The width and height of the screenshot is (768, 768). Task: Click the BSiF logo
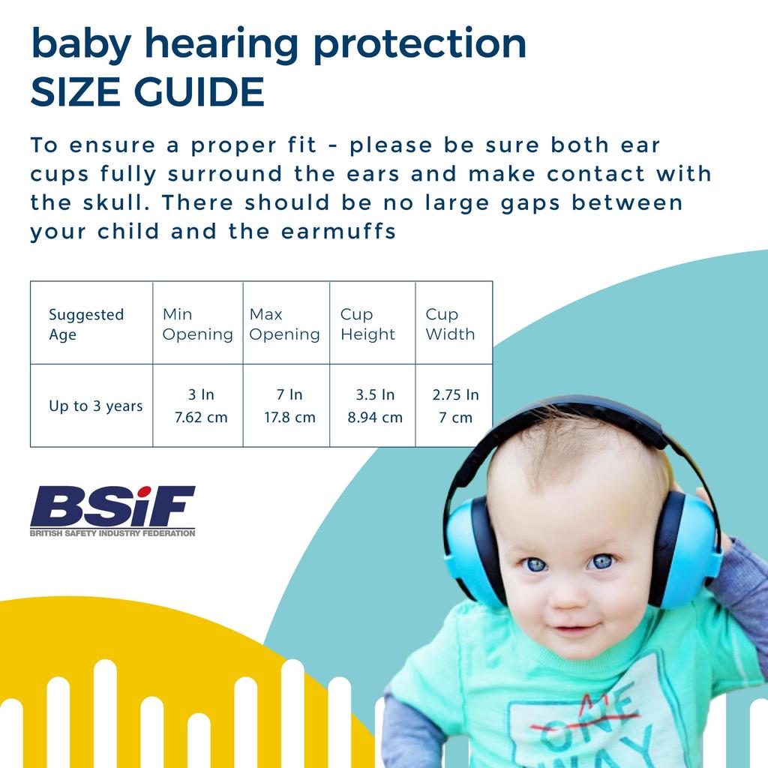(x=112, y=506)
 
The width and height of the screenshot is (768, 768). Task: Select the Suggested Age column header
(x=85, y=324)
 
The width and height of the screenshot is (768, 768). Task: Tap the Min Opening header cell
(x=197, y=324)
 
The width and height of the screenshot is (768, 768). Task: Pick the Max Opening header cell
(x=285, y=324)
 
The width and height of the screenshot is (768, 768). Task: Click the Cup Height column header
(x=367, y=324)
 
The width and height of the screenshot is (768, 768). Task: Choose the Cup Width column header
(x=450, y=324)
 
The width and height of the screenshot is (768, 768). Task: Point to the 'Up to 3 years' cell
(x=95, y=406)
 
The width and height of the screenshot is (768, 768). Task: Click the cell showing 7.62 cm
(x=200, y=418)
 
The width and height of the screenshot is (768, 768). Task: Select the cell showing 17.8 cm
(x=289, y=418)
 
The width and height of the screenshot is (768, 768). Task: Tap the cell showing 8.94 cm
(x=374, y=418)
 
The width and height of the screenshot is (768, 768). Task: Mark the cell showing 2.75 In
(x=455, y=395)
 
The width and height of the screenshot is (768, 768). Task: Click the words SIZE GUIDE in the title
(x=147, y=91)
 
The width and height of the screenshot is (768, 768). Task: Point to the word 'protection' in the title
(x=419, y=45)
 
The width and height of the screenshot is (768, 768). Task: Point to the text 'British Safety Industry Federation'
(x=112, y=533)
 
